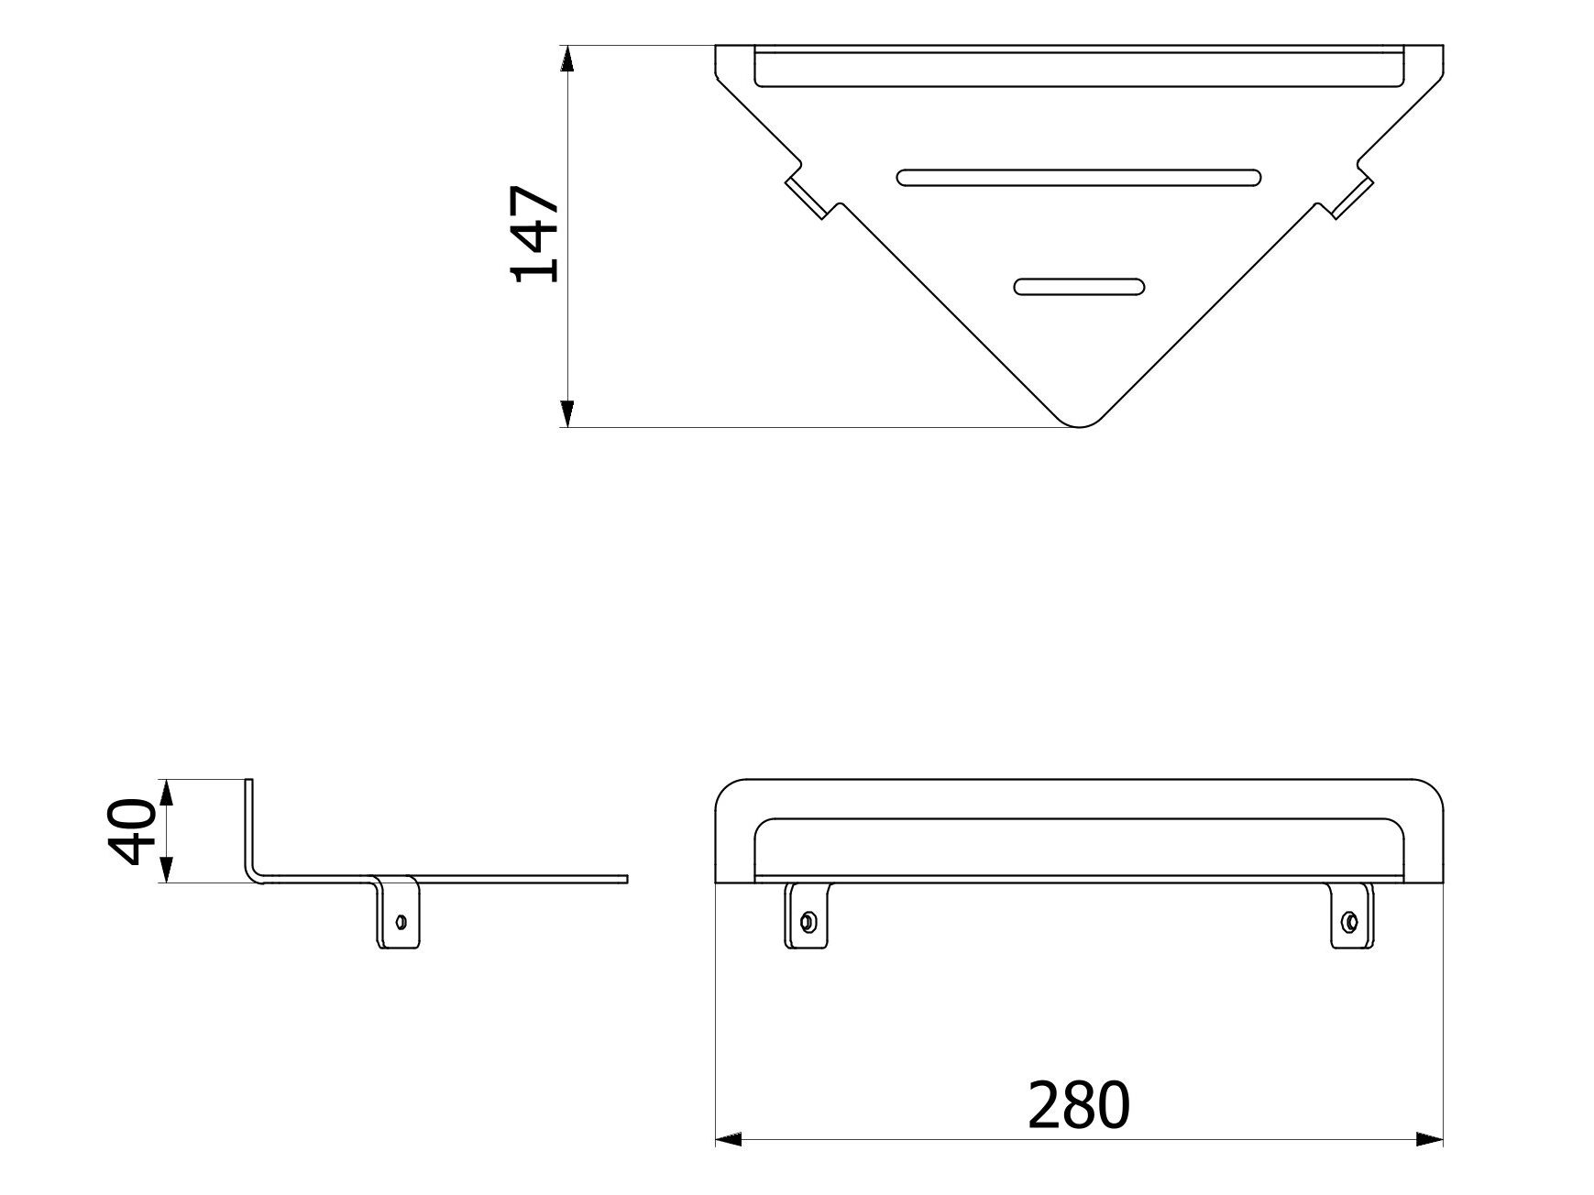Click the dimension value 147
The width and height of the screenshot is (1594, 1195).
(536, 235)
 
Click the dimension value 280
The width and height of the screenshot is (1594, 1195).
(1079, 1105)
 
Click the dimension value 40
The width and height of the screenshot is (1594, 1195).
(130, 831)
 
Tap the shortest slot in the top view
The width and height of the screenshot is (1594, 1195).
(1079, 287)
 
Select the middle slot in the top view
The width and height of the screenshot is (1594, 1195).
(1079, 177)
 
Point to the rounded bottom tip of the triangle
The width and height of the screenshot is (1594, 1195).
(1080, 422)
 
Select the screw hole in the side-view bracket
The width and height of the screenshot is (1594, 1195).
(400, 920)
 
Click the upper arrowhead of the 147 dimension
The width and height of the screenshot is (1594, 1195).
(567, 59)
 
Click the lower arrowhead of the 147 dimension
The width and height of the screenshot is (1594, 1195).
(567, 415)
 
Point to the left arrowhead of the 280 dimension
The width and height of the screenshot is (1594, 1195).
(728, 1140)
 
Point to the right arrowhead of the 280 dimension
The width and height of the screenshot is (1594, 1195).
(1430, 1140)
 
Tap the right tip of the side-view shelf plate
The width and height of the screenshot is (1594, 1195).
(626, 880)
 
